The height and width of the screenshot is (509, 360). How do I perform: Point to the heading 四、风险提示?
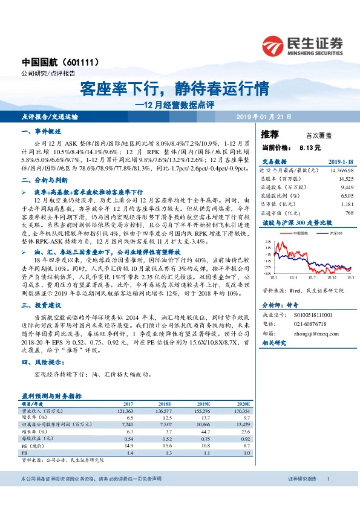click(42, 363)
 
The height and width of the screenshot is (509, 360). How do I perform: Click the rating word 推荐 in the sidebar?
click(270, 134)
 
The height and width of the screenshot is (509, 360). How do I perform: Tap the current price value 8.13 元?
click(310, 148)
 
